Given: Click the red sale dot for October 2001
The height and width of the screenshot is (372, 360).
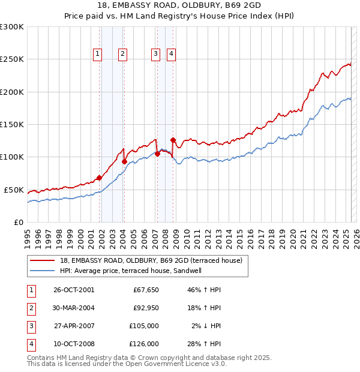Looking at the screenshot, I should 99,178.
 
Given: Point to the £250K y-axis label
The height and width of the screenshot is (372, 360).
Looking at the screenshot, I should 12,59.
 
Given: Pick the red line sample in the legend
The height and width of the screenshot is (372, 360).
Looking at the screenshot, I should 42,260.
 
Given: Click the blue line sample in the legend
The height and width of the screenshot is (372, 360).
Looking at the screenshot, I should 42,271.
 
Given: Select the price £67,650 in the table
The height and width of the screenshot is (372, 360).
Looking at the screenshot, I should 145,290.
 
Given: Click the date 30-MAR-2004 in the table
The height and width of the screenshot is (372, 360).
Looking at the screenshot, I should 73,308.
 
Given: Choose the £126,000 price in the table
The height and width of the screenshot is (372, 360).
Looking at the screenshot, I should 145,344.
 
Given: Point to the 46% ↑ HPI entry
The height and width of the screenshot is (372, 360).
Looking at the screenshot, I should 204,290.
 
